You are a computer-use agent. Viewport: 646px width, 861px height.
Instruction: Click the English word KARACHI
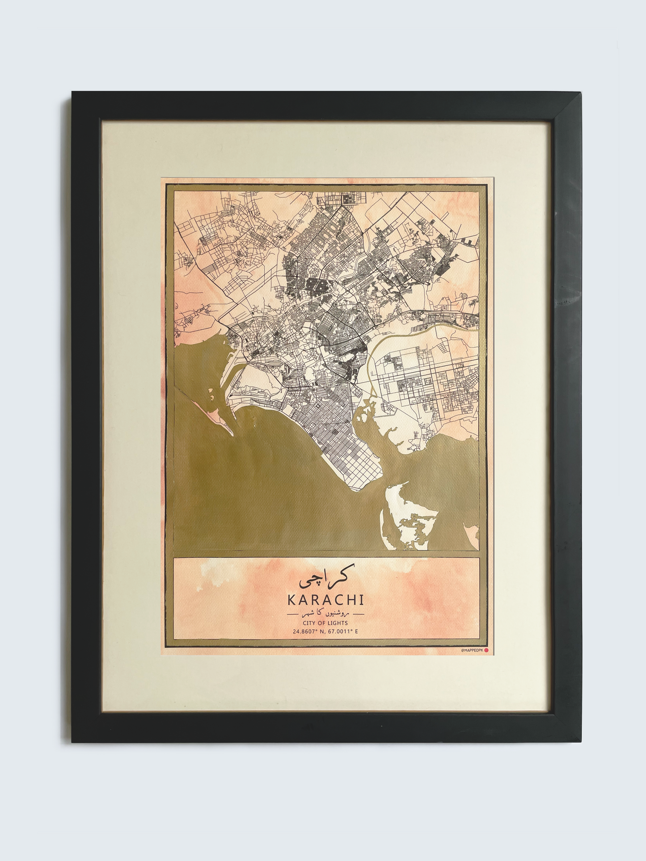[x=325, y=600]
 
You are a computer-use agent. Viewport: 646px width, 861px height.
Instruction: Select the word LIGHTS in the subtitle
[x=338, y=623]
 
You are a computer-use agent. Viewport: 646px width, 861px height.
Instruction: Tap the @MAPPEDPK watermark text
[x=472, y=651]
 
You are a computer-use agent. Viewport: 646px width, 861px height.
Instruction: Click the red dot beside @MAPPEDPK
[x=486, y=651]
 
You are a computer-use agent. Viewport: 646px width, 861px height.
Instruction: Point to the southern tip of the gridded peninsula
[x=354, y=489]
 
